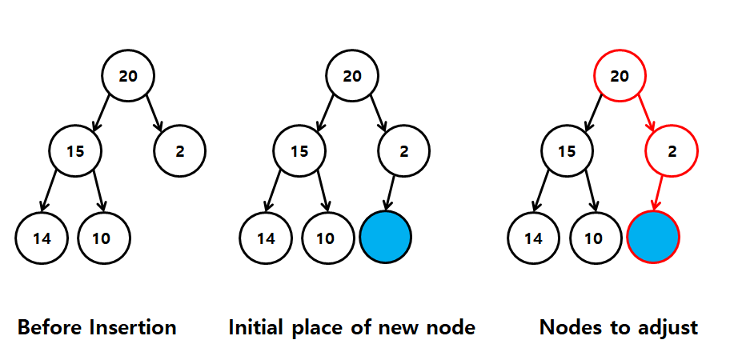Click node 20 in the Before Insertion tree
128,75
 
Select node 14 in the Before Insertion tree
42,238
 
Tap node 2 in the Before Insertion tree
180,150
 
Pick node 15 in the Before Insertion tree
75,150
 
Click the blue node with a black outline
386,237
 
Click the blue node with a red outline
653,237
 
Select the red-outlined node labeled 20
620,75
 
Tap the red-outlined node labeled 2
672,150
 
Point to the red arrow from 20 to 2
647,113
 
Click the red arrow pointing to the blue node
658,193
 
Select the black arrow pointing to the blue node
391,193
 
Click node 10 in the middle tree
326,238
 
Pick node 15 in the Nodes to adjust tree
567,150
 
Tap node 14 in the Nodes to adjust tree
534,238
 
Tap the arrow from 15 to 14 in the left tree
48,190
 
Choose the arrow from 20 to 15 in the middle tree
325,113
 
